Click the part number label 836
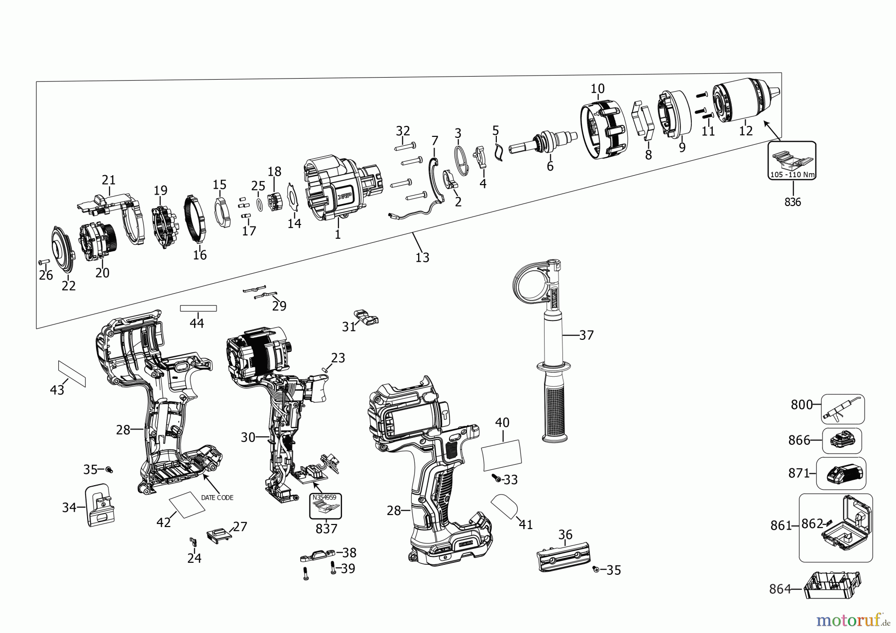[792, 202]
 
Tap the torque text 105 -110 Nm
[792, 175]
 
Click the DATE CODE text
[217, 497]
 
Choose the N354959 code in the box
[324, 497]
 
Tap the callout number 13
[422, 257]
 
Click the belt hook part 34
[100, 505]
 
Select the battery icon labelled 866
[842, 440]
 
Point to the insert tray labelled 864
[831, 585]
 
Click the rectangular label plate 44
[198, 308]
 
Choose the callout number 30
[248, 437]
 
